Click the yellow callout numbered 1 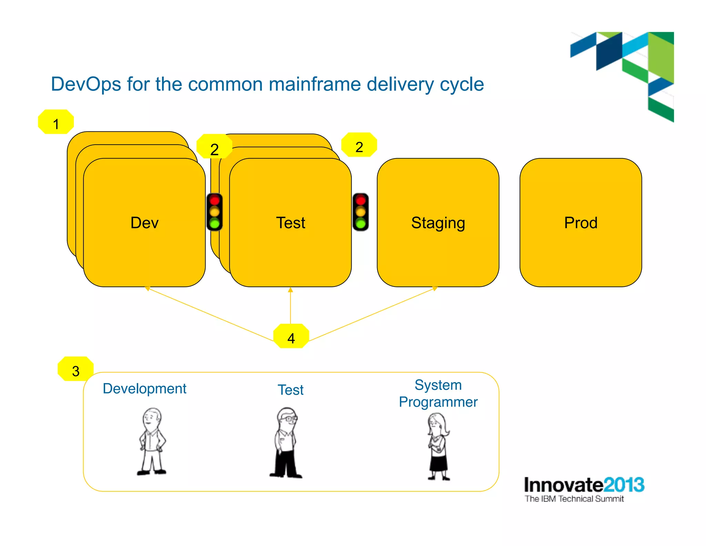(56, 122)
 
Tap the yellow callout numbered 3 (75, 369)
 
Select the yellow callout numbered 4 (291, 337)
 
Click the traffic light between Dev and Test (214, 212)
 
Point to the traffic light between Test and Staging (361, 212)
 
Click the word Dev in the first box (144, 223)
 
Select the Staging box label (438, 223)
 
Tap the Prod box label (581, 223)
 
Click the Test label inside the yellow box (291, 223)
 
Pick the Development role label (144, 389)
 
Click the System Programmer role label (438, 393)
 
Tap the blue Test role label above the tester (291, 390)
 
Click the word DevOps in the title (86, 84)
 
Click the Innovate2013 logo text (584, 485)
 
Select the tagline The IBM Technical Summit (574, 499)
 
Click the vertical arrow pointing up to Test (291, 305)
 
